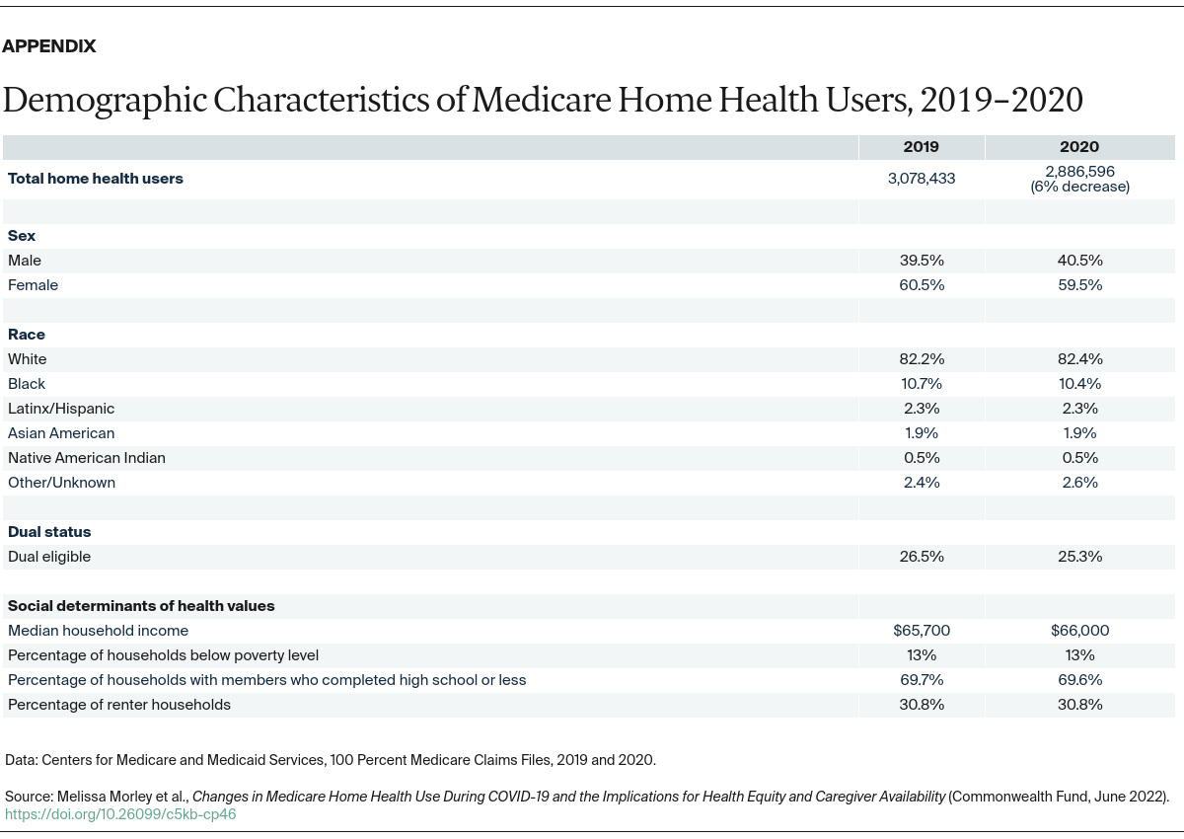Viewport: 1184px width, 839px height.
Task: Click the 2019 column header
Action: point(921,147)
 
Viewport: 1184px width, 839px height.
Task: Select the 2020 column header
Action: point(1079,147)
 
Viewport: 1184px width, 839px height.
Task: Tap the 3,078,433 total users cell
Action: point(921,179)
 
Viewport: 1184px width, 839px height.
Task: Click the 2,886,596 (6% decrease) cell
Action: point(1079,179)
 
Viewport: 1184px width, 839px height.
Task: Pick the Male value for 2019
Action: point(921,261)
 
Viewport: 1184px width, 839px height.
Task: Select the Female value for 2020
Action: point(1079,285)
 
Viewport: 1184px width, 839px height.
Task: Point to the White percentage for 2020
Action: point(1079,359)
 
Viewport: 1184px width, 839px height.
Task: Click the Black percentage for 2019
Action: point(921,384)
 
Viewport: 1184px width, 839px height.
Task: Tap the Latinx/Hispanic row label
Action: point(61,409)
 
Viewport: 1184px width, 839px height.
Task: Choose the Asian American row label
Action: point(61,433)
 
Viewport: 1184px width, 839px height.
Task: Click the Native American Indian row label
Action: point(87,458)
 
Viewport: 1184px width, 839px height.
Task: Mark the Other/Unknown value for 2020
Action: point(1079,483)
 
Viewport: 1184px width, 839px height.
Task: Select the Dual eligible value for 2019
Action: point(921,557)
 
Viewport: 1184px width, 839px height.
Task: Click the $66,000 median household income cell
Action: point(1079,631)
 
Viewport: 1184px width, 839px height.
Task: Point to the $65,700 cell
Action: point(921,631)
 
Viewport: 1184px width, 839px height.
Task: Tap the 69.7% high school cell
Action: point(921,680)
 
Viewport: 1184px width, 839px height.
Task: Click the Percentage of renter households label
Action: point(119,705)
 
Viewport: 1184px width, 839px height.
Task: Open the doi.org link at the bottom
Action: point(120,814)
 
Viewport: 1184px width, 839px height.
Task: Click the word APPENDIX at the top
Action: point(49,46)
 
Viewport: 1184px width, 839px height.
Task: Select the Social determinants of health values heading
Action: point(141,606)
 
